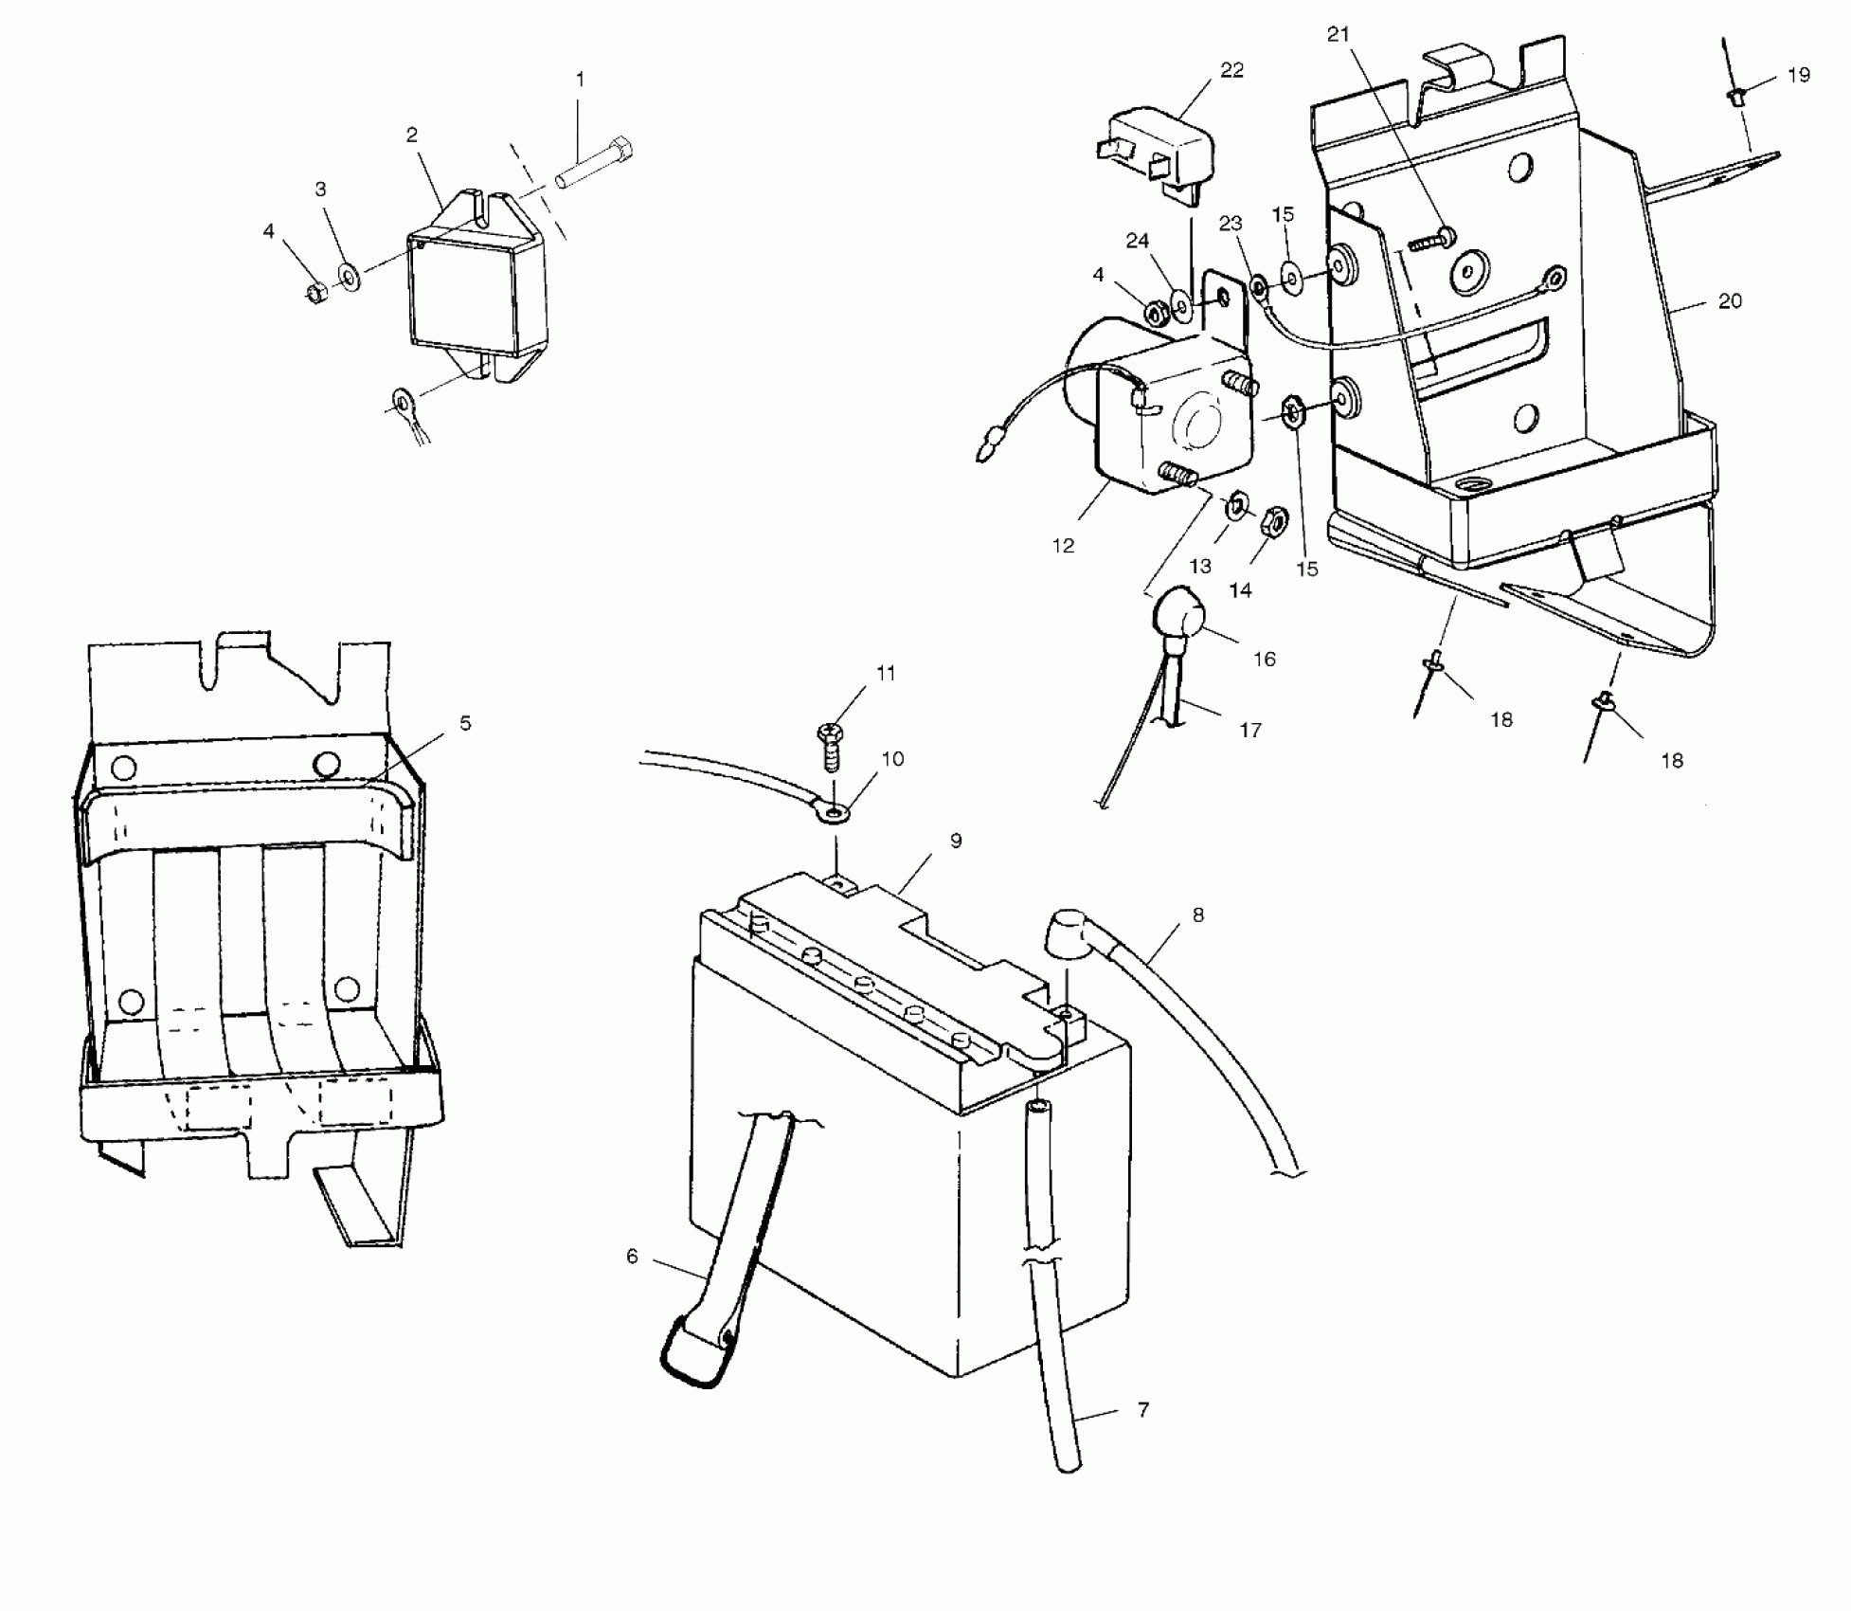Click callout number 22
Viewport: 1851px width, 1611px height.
click(1231, 70)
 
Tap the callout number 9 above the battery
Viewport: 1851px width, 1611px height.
click(956, 841)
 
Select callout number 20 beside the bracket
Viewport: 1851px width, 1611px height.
click(1730, 301)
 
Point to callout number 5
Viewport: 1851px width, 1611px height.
click(465, 724)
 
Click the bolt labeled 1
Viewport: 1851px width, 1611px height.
click(595, 164)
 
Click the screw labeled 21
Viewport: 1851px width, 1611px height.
click(1433, 238)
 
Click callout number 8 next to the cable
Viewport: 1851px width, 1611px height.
click(1198, 915)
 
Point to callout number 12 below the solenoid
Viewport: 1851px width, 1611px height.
click(1064, 546)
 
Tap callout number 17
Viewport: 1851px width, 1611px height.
click(1250, 730)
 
